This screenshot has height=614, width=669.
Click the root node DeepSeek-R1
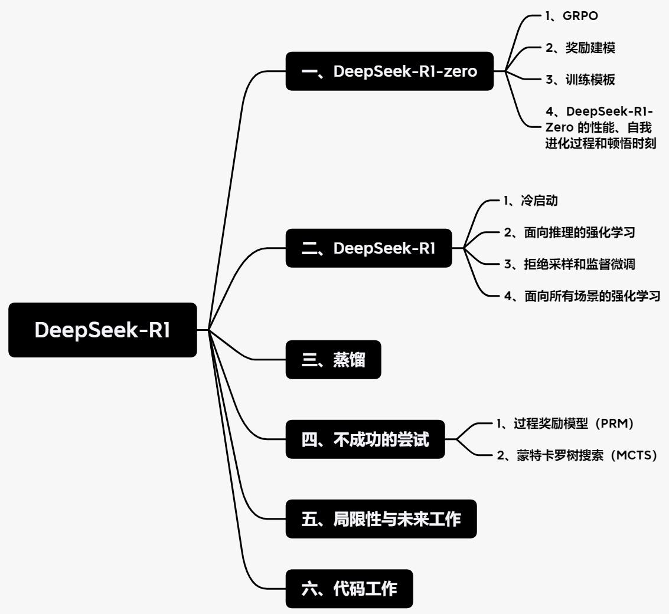102,330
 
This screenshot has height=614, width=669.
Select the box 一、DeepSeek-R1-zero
390,71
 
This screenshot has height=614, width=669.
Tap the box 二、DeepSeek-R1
368,248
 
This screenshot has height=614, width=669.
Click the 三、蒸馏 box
333,360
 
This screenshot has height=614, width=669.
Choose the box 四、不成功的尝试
365,439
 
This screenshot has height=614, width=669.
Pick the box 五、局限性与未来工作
381,519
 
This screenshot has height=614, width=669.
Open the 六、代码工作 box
349,589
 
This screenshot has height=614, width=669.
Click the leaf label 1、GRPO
572,16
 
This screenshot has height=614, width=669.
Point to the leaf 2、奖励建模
580,48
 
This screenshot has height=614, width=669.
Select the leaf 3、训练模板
580,80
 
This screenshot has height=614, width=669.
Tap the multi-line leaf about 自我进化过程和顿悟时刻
601,127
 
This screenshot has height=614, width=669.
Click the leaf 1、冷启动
530,201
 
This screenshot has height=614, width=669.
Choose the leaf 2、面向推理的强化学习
569,232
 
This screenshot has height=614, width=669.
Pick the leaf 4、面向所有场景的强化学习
582,296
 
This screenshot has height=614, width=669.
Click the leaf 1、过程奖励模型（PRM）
565,423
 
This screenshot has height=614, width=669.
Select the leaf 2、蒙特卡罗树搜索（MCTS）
577,455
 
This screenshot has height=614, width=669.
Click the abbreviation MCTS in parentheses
633,455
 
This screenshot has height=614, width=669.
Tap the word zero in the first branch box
460,71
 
